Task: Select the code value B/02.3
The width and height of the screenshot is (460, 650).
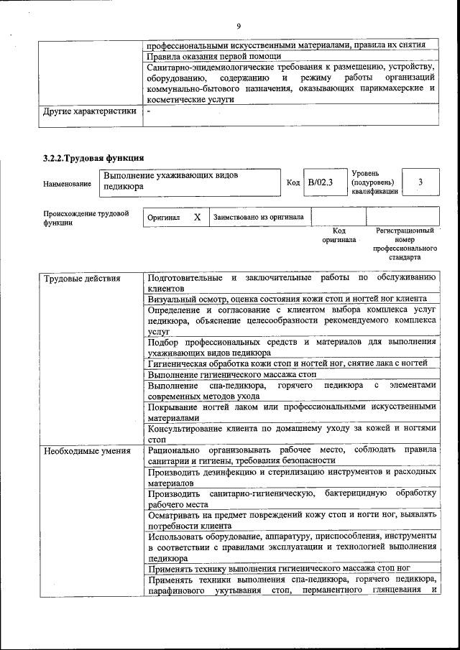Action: click(321, 182)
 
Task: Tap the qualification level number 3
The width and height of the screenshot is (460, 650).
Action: click(420, 182)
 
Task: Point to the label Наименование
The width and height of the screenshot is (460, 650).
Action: click(67, 184)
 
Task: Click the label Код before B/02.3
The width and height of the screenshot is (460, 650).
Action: click(293, 182)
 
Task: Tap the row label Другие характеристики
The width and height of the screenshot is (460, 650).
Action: click(90, 111)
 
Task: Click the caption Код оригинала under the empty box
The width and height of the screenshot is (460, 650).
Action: click(339, 235)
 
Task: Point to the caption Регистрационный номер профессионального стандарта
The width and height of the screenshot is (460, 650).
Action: click(405, 243)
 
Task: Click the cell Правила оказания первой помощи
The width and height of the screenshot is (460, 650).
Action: click(214, 55)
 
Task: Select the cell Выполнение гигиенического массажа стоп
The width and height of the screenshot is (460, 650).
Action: click(232, 374)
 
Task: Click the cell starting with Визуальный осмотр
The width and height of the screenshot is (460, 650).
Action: click(287, 298)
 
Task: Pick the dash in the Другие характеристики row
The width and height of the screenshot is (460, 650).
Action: click(149, 111)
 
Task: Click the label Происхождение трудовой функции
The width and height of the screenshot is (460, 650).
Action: click(86, 218)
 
